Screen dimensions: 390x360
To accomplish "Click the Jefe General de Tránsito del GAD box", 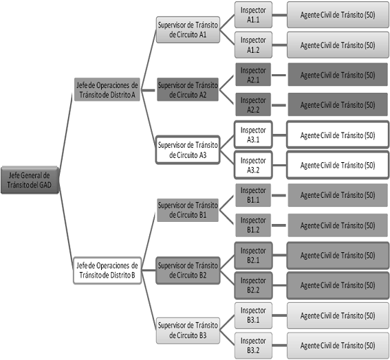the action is (30, 180).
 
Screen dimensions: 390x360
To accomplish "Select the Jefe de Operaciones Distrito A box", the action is (107, 89).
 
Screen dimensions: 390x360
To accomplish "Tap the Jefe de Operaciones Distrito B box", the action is (107, 270).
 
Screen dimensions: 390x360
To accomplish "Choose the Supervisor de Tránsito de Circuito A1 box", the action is (188, 30).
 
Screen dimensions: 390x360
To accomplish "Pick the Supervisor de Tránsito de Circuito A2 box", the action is (188, 89).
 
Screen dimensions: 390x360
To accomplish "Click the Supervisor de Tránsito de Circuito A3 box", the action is (188, 150).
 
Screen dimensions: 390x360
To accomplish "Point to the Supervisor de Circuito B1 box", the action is (188, 210).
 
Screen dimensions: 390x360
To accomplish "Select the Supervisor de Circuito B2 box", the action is (188, 270).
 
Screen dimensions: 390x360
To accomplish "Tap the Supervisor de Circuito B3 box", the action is (188, 330).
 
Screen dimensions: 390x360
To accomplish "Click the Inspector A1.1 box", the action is (253, 15).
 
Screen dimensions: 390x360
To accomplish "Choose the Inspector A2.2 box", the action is (253, 104).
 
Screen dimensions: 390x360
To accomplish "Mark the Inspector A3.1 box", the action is (253, 135).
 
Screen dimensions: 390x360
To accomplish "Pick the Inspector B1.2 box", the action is (253, 225).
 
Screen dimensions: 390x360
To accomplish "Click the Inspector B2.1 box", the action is (253, 256).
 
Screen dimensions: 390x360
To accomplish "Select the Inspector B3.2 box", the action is (253, 346).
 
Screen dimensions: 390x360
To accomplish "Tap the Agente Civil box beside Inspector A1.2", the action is (338, 45).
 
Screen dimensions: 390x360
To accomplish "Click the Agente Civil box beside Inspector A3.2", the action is (338, 165).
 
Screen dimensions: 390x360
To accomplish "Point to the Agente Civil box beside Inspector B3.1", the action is (338, 315).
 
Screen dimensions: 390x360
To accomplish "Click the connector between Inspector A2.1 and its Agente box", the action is (279, 75).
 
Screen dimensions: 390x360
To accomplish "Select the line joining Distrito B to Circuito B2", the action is (149, 270).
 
